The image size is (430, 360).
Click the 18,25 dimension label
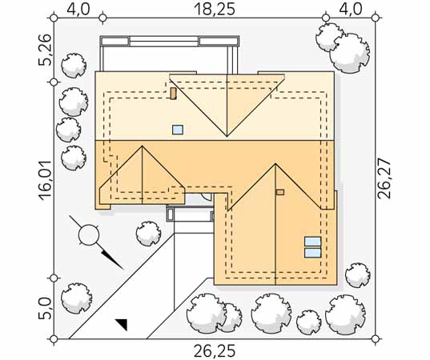215,9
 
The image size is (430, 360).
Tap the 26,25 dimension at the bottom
215,351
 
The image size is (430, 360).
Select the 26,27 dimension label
384,178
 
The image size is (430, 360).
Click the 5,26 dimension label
45,50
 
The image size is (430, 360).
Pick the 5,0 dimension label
45,309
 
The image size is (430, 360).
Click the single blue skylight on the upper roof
178,130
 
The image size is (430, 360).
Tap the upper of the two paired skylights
312,242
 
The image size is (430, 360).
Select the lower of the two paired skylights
312,253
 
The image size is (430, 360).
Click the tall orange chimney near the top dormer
173,94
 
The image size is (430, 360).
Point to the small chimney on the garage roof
280,192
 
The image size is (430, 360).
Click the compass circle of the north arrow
89,234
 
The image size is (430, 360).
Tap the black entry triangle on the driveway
122,324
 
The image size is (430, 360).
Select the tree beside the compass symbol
148,234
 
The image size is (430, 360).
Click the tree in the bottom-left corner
76,298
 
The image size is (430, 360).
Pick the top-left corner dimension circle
54,18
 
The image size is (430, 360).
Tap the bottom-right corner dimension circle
376,339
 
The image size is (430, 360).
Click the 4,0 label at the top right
351,9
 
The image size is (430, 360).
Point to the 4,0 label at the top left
78,9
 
